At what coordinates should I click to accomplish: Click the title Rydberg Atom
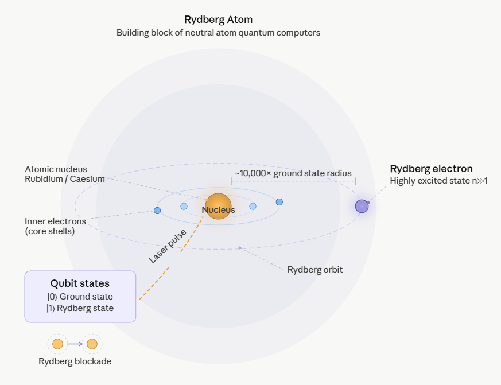(218, 20)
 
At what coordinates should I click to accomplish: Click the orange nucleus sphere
(218, 206)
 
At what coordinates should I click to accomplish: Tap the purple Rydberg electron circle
(362, 206)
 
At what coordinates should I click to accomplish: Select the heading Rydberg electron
(431, 168)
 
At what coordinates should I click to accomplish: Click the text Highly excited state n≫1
(438, 181)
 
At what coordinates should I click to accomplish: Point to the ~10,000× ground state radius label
(293, 173)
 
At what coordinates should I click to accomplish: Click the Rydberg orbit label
(314, 269)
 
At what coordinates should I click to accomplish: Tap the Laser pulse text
(168, 246)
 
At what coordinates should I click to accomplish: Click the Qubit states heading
(80, 283)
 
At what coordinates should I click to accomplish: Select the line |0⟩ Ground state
(80, 297)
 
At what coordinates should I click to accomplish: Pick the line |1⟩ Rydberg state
(80, 308)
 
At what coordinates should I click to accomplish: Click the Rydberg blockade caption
(75, 361)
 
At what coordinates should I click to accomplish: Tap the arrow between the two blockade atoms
(75, 344)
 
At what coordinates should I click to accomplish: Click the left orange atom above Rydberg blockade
(57, 344)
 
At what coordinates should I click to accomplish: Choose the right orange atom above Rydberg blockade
(92, 344)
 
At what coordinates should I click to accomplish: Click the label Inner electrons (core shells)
(55, 226)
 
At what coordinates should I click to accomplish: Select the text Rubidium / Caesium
(65, 179)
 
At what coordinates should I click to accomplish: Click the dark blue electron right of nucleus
(279, 202)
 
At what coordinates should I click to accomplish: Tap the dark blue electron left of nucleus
(157, 211)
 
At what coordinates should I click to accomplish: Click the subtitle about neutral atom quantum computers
(218, 33)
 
